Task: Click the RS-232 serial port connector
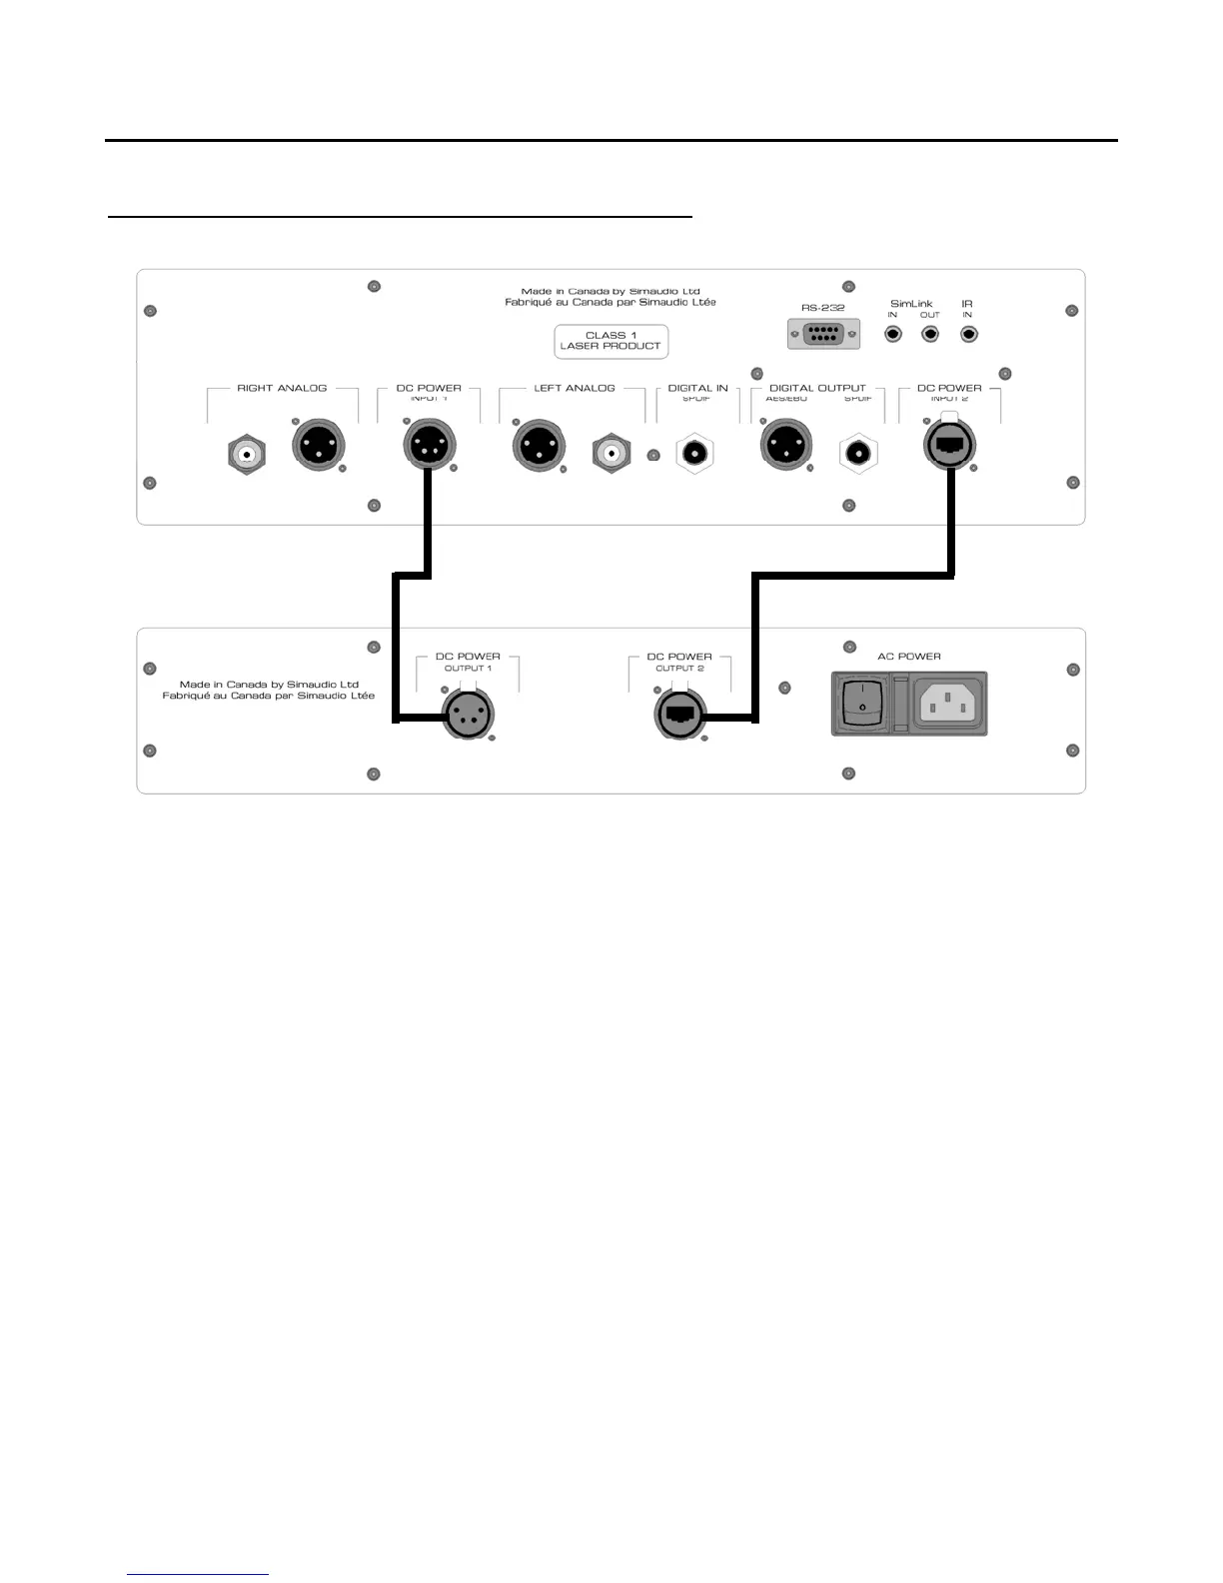pyautogui.click(x=823, y=334)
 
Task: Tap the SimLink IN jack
pyautogui.click(x=893, y=334)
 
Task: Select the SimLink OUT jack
pyautogui.click(x=930, y=334)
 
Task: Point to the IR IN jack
pyautogui.click(x=968, y=334)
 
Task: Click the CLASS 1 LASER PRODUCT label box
pyautogui.click(x=611, y=341)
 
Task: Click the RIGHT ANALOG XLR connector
pyautogui.click(x=318, y=445)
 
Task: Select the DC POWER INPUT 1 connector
pyautogui.click(x=430, y=445)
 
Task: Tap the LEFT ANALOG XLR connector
pyautogui.click(x=539, y=446)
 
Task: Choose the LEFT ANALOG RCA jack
pyautogui.click(x=611, y=455)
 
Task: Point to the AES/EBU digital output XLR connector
pyautogui.click(x=786, y=445)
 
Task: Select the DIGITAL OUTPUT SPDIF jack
pyautogui.click(x=857, y=455)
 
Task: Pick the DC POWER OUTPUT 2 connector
pyautogui.click(x=679, y=714)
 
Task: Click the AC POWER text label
pyautogui.click(x=909, y=657)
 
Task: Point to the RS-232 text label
pyautogui.click(x=823, y=308)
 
